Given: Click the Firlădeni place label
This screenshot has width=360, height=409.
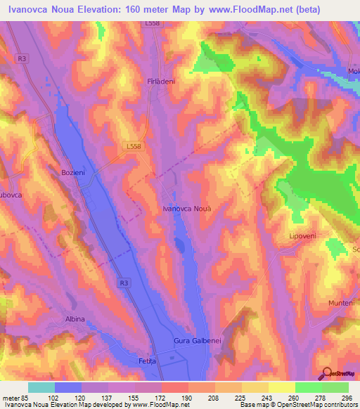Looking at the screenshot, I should tap(160, 82).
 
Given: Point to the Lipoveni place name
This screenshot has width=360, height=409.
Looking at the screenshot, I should tap(304, 237).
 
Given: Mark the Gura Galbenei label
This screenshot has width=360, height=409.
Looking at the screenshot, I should tap(198, 341).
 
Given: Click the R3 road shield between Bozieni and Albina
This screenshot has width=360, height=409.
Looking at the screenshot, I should tap(124, 283).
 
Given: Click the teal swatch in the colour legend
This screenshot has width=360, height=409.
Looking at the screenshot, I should tap(41, 387).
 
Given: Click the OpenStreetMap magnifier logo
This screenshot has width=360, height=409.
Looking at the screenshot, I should tap(328, 372).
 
